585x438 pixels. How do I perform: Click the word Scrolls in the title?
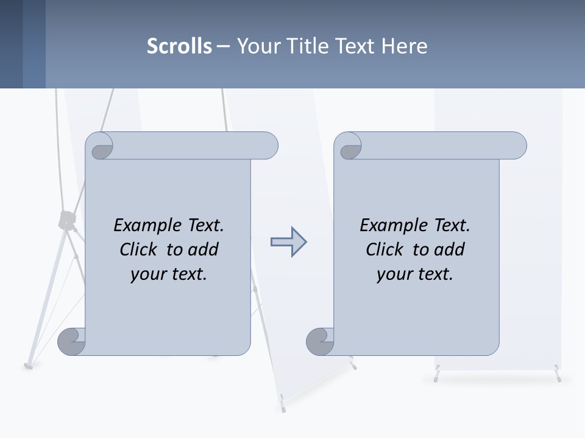179,46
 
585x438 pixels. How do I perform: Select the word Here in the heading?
405,46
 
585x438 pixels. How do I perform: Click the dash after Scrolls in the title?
223,46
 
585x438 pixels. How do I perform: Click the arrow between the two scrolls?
288,242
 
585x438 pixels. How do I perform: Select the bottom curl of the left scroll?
71,341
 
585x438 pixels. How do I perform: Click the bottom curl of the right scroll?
320,341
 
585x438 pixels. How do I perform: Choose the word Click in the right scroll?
384,249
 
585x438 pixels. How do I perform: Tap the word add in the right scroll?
450,249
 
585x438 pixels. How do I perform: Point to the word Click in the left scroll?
138,249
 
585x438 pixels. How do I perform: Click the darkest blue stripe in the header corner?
11,44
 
